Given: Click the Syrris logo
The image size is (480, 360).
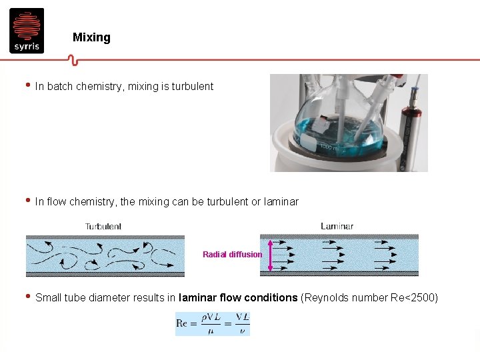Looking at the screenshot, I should pos(27,31).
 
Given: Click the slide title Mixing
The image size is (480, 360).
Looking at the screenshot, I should pos(91,37).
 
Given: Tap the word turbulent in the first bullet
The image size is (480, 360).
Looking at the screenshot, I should pos(192,86).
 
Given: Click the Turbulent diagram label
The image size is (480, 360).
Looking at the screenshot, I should pos(103,226).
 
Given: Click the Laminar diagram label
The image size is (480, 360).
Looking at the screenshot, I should pos(337,226).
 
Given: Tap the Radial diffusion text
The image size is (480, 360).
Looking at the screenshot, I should pos(233,254).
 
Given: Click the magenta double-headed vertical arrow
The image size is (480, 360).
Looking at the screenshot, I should pos(269,254).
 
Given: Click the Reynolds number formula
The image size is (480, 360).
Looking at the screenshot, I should pos(213,324).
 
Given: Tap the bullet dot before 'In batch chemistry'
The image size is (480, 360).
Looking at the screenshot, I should pos(27,85).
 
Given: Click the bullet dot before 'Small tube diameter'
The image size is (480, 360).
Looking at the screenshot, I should pos(27,296).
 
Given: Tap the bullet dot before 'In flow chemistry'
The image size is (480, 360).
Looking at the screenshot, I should pos(27,200).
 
